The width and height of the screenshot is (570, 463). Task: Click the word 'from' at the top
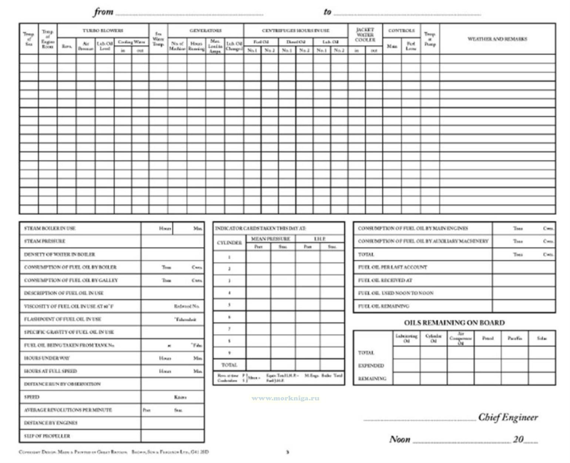(x=103, y=12)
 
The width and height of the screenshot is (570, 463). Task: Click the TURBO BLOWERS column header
(x=103, y=31)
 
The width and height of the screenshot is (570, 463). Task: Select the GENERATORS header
(x=205, y=31)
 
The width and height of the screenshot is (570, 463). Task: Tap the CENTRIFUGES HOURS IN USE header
(x=295, y=31)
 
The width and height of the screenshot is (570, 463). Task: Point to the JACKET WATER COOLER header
(x=365, y=35)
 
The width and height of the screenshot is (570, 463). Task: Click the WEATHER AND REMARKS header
(x=497, y=39)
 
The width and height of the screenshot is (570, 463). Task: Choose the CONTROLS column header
(x=401, y=31)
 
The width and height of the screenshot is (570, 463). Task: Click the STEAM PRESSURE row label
(x=44, y=241)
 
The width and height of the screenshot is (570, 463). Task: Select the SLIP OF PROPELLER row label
(x=47, y=436)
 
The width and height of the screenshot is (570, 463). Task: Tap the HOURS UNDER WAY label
(x=47, y=358)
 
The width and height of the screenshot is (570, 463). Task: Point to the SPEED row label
(x=31, y=397)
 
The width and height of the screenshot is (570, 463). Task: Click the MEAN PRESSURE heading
(x=270, y=239)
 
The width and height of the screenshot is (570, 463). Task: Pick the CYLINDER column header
(x=229, y=243)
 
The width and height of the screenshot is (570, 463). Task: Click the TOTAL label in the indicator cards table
(x=229, y=365)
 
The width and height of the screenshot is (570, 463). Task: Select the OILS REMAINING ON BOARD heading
(x=454, y=323)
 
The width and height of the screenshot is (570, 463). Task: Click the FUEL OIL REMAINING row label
(x=383, y=306)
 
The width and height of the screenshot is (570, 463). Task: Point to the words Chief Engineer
(x=508, y=417)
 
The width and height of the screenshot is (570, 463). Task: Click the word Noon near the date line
(x=400, y=440)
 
